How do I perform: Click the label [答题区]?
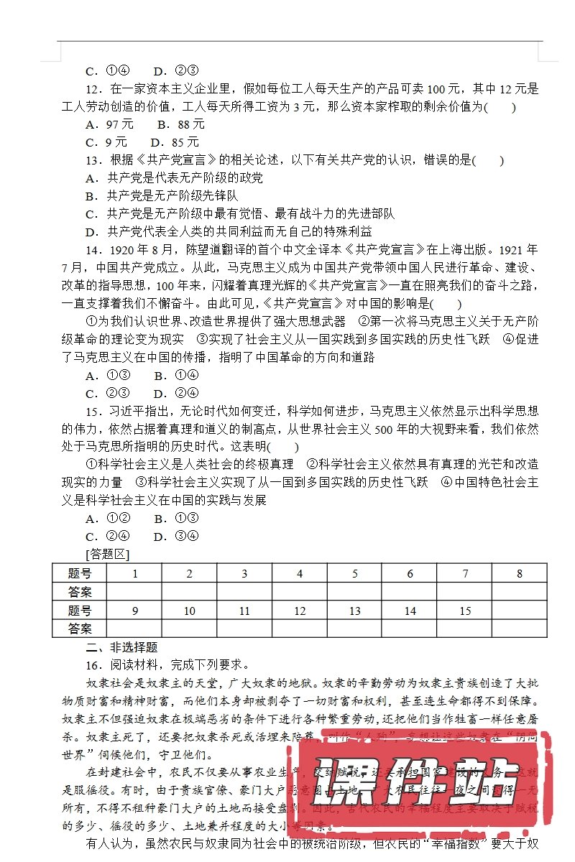click(x=106, y=554)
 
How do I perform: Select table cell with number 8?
click(x=520, y=573)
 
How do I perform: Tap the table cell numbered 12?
click(x=300, y=611)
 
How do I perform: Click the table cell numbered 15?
click(x=465, y=611)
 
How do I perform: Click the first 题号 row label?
click(x=80, y=573)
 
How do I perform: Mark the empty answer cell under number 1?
click(x=134, y=592)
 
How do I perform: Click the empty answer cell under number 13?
click(x=355, y=629)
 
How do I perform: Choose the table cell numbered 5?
click(x=355, y=573)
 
